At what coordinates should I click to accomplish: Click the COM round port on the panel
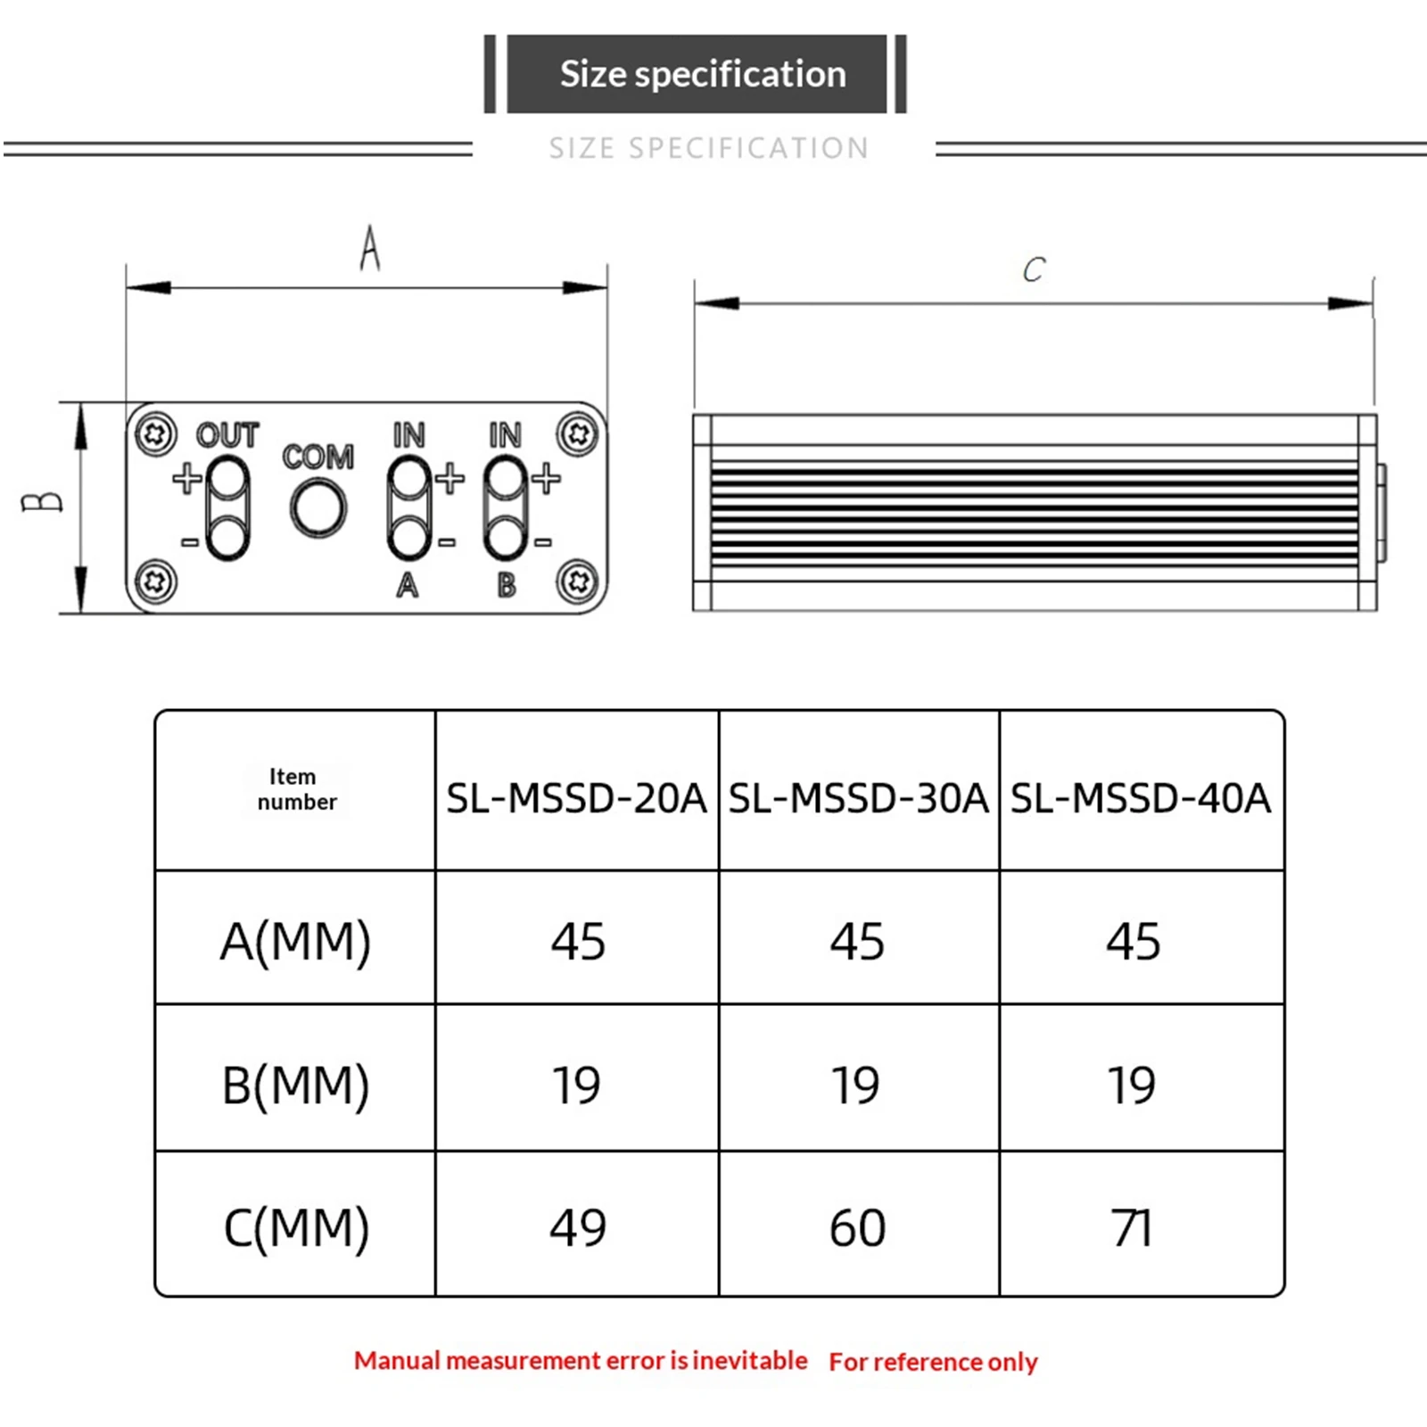(x=318, y=507)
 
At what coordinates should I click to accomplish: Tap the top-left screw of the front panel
(x=156, y=435)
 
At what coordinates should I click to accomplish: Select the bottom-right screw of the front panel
(x=577, y=582)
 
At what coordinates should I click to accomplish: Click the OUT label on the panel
(x=227, y=435)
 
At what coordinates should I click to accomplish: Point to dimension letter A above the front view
(x=369, y=248)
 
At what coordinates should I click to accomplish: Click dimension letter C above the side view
(x=1034, y=269)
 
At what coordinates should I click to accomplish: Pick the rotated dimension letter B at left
(x=42, y=502)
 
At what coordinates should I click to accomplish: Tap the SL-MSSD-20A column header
(x=576, y=798)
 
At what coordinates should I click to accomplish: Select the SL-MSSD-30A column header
(x=858, y=798)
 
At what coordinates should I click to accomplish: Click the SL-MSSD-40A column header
(x=1140, y=798)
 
